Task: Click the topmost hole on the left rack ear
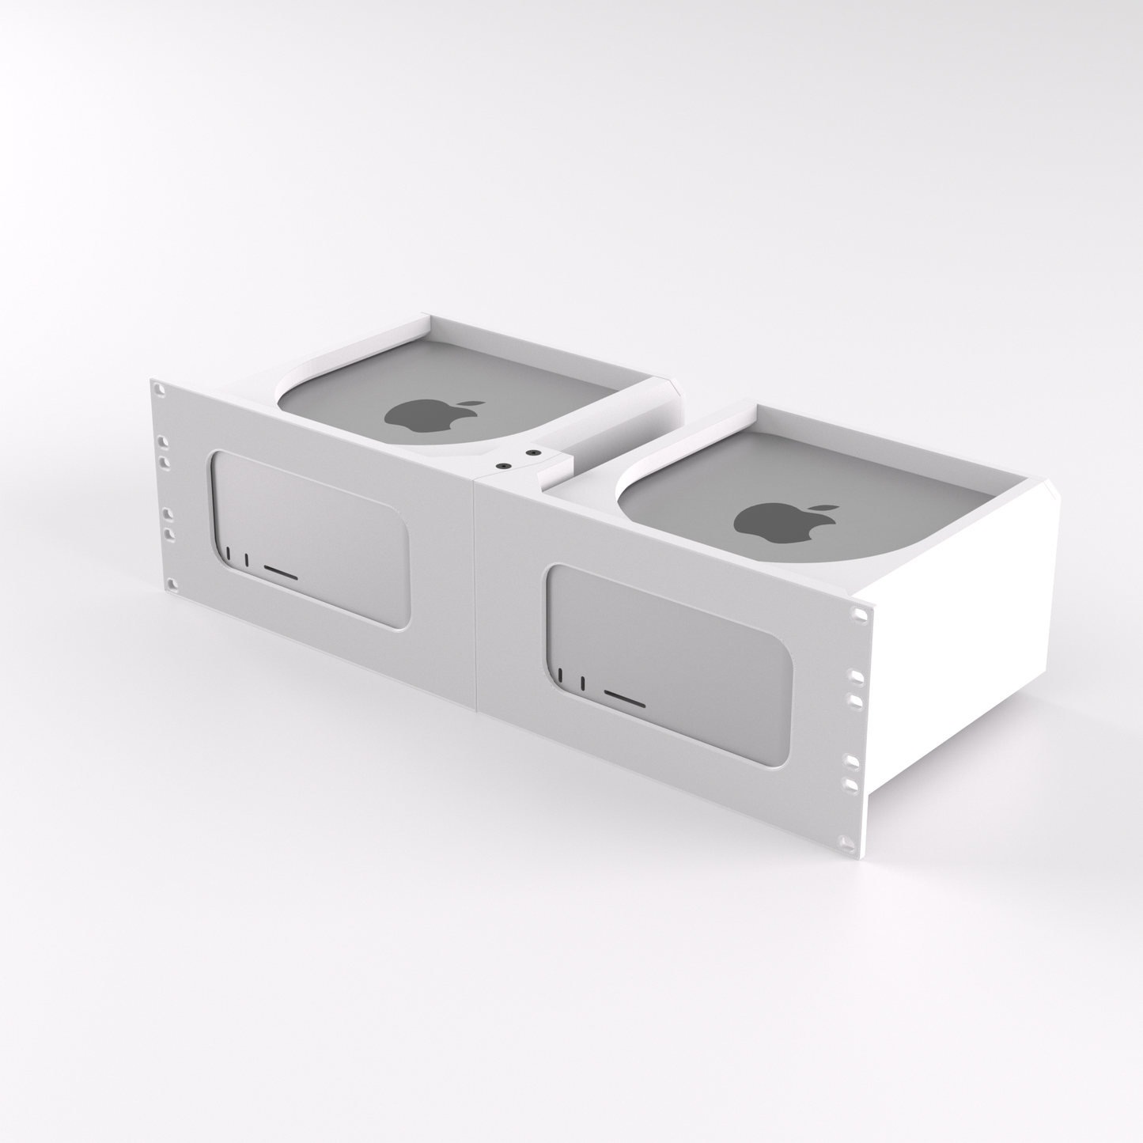(x=161, y=390)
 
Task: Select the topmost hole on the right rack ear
(x=857, y=613)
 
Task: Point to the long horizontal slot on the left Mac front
(x=280, y=572)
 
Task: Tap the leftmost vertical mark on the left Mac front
(x=229, y=554)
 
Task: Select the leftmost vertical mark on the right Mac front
(x=561, y=676)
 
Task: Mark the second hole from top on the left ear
(x=163, y=441)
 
